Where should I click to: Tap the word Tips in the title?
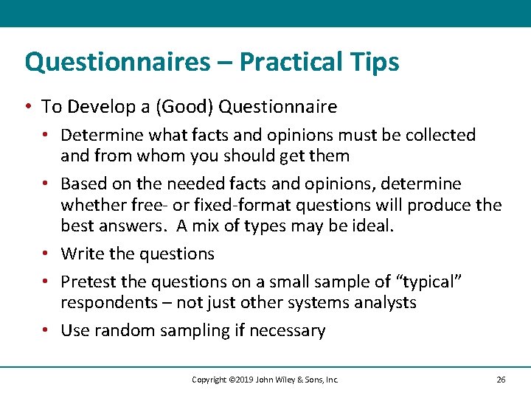pos(377,62)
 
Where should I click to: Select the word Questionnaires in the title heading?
pos(117,62)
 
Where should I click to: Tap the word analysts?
pos(386,302)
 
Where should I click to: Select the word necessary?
pos(287,330)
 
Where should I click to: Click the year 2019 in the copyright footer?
pos(240,380)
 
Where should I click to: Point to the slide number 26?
pos(501,380)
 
